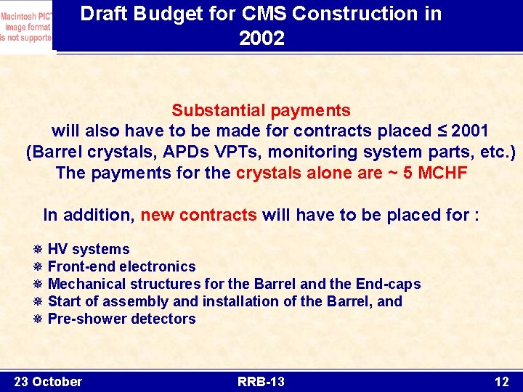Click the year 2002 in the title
(x=261, y=38)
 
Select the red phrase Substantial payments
(x=261, y=110)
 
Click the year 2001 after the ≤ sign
(x=469, y=131)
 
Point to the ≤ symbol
(x=441, y=131)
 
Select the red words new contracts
(x=198, y=215)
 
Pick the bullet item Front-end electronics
(x=121, y=266)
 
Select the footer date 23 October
(x=48, y=381)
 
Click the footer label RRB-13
(x=261, y=381)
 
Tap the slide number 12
(x=501, y=381)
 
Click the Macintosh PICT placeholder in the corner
(x=26, y=26)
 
